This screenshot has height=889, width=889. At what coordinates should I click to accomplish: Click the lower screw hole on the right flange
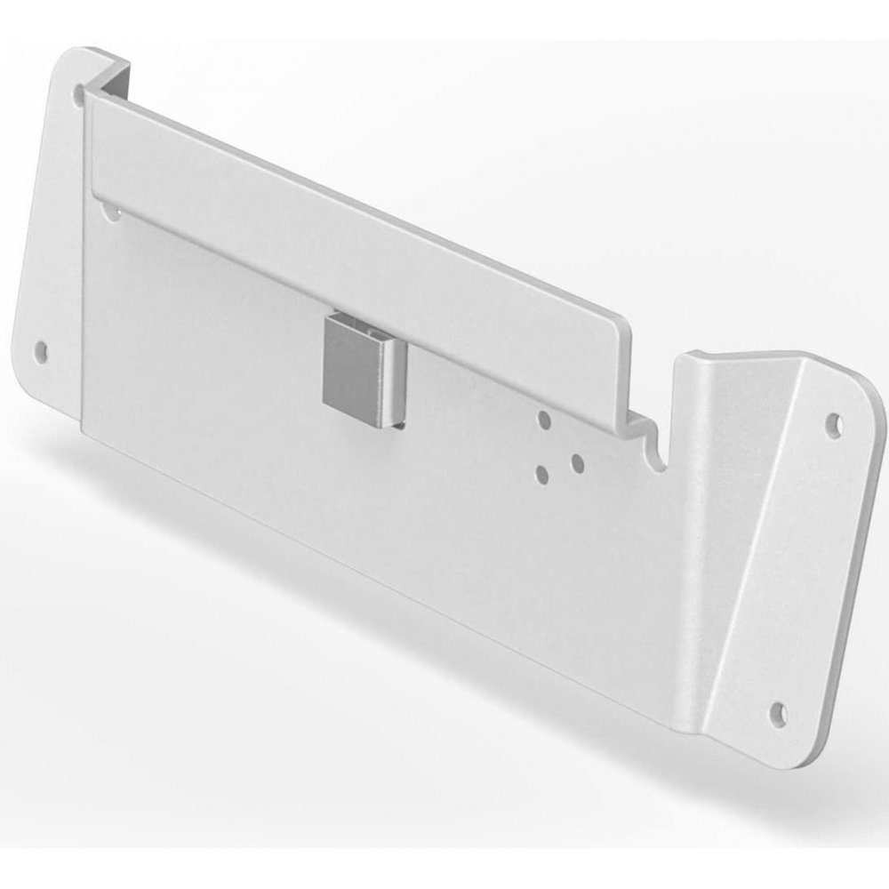[778, 711]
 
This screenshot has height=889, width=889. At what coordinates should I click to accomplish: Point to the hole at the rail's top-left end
[82, 92]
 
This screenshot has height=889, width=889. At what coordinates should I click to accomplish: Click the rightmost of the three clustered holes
[576, 461]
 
